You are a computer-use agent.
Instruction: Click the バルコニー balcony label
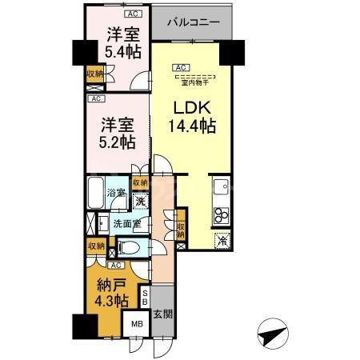193,23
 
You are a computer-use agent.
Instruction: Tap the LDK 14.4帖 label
192,116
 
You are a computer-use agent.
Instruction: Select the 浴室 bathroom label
118,193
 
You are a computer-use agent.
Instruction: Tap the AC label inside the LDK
181,68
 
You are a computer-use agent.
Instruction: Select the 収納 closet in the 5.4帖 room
94,74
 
